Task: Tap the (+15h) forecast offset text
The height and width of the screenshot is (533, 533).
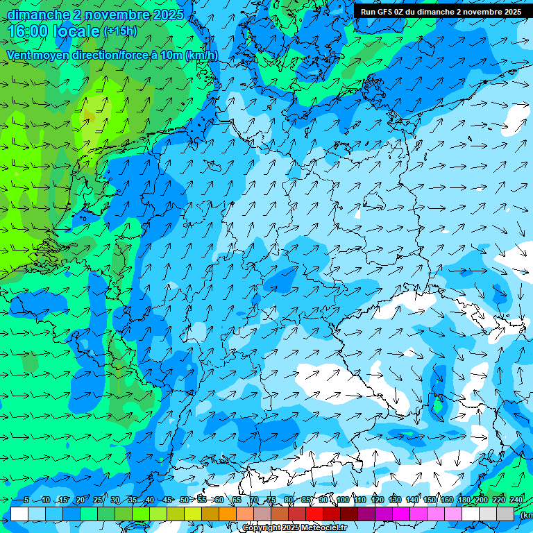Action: tap(120, 31)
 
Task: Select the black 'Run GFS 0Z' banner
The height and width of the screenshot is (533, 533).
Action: tap(441, 11)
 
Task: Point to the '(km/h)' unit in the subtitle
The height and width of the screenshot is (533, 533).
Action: tap(201, 55)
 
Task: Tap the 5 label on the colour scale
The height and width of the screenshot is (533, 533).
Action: tap(25, 500)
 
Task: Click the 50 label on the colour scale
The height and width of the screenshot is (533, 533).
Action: tap(184, 500)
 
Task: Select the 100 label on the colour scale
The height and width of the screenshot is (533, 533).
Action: tap(342, 500)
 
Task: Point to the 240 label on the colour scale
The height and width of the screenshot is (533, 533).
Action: tap(516, 500)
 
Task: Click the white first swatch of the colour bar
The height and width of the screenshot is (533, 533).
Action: tap(19, 514)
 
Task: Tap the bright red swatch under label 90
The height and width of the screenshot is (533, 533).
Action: tap(314, 514)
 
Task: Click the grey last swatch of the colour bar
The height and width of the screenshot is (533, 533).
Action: tap(505, 514)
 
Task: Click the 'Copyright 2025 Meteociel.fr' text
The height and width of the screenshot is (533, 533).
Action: tap(294, 528)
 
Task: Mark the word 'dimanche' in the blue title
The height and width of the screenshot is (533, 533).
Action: tap(37, 14)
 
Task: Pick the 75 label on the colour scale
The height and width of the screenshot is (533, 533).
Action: tap(271, 500)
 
